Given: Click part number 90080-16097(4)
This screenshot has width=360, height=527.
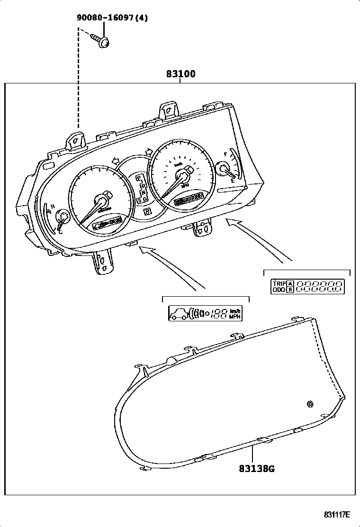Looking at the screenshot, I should [x=113, y=18].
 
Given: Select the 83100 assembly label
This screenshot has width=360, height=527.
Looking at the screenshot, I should [x=180, y=74].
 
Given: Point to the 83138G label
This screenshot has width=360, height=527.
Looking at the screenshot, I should [x=256, y=469].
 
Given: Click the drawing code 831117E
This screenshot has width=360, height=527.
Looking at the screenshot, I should [x=337, y=515].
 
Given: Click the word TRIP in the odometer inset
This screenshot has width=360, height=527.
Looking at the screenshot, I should [x=279, y=283].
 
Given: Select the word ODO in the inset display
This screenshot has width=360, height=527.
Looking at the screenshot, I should [x=279, y=290].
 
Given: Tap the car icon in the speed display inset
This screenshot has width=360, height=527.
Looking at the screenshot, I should [x=179, y=313].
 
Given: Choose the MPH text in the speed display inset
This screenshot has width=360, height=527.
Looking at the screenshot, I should [x=234, y=316].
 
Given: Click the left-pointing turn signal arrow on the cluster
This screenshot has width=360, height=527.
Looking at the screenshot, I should [x=115, y=161].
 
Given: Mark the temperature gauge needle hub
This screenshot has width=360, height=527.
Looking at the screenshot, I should [x=62, y=218].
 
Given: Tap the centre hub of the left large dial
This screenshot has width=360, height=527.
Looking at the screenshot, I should [x=102, y=200].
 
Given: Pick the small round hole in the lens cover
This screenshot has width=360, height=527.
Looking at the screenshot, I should [x=310, y=404].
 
